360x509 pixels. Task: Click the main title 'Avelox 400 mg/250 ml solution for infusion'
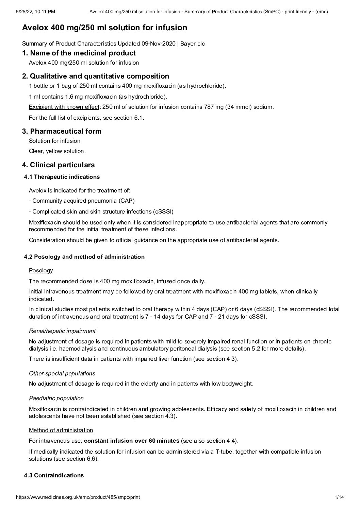tap(104, 28)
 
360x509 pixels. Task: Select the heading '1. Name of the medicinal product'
tap(79, 53)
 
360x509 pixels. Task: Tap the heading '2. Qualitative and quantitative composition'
tap(95, 76)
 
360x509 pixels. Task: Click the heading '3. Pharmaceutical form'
tap(62, 131)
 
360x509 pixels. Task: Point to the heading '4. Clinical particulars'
tap(58, 165)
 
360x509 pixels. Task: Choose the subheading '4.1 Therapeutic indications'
tap(62, 177)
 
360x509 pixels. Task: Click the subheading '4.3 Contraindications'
tap(54, 475)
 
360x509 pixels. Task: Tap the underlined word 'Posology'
tap(41, 270)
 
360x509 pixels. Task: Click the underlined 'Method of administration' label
tap(61, 430)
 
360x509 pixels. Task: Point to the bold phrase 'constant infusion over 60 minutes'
tap(132, 441)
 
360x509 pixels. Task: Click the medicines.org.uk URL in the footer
tap(78, 497)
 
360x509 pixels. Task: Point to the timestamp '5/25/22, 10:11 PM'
tap(35, 12)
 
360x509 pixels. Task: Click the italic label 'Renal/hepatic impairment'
tap(62, 331)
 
